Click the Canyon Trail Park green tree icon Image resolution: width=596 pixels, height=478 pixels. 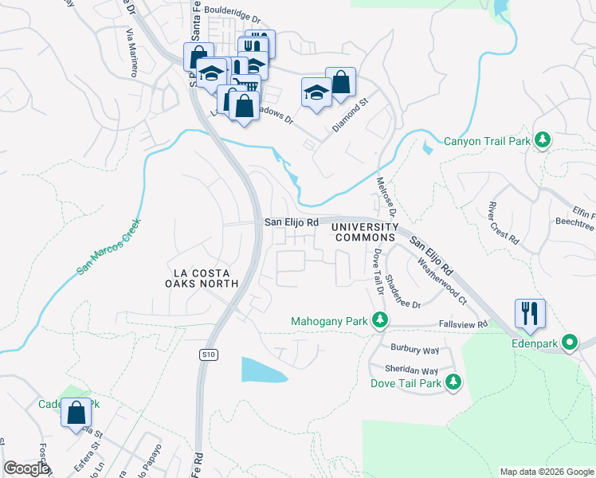(x=543, y=141)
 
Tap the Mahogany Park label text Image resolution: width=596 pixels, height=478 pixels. (x=328, y=321)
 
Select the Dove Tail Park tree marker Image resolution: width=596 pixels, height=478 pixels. (x=453, y=383)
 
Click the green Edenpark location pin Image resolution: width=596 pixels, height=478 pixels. (x=570, y=343)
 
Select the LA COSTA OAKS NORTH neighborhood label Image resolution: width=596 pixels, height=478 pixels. (x=202, y=277)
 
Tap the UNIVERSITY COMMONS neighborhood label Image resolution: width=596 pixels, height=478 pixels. (x=363, y=232)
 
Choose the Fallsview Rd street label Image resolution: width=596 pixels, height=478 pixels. (x=461, y=324)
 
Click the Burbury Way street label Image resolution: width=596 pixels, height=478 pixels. (x=414, y=349)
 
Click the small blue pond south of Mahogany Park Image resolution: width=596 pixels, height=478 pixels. (x=263, y=370)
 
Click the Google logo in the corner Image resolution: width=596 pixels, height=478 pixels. (x=26, y=468)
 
